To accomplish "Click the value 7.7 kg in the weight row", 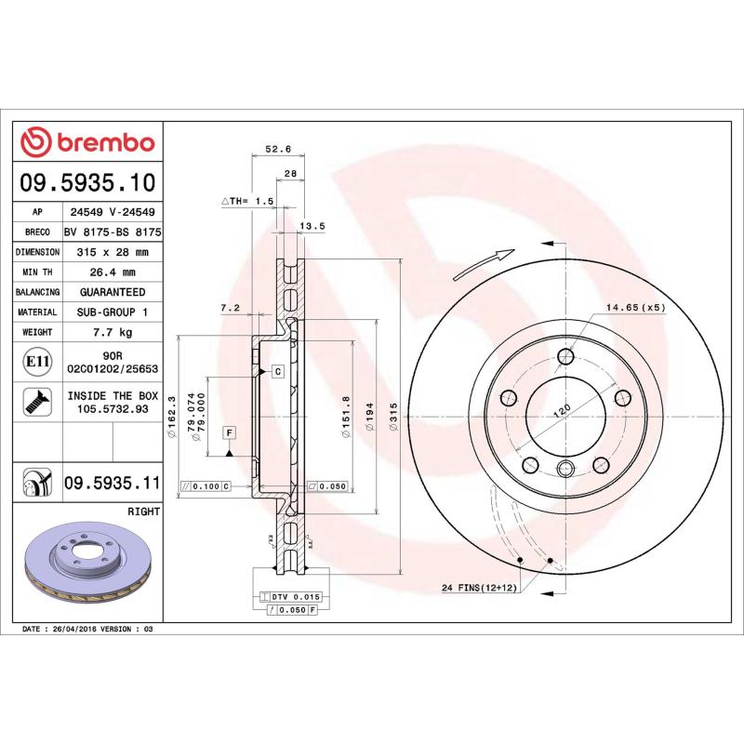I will pos(113,332).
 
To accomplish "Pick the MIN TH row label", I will pos(37,272).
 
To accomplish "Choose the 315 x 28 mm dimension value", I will pos(113,252).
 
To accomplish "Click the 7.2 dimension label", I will pos(230,307).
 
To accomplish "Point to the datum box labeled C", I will pos(277,371).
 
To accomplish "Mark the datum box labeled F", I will pos(228,432).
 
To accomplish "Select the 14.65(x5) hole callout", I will pos(636,307).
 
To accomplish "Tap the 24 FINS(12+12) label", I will pos(480,588).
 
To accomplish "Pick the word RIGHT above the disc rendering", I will pos(143,511).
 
